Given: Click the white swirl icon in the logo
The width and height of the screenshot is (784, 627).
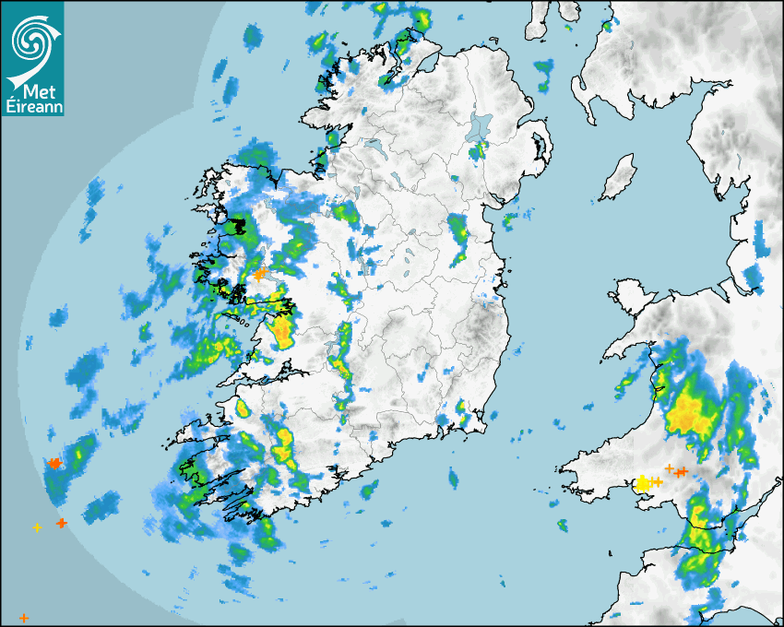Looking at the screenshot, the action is point(31,40).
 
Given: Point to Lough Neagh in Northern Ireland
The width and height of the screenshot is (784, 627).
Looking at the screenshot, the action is point(480,127).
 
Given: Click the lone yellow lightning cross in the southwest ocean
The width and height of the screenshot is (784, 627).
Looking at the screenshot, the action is point(37,527).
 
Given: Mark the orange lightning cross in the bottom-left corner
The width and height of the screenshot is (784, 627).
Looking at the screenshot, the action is point(24,617).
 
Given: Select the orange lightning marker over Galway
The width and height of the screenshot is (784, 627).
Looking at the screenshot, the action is point(260,274).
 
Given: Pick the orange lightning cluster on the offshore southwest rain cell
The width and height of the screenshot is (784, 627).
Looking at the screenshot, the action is point(54,463).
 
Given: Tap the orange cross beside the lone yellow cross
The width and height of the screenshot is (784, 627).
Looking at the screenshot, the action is point(62,523).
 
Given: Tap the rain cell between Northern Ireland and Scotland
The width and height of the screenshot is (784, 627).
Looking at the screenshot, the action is point(545,75).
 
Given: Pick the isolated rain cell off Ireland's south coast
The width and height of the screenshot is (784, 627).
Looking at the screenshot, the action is point(453,477).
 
